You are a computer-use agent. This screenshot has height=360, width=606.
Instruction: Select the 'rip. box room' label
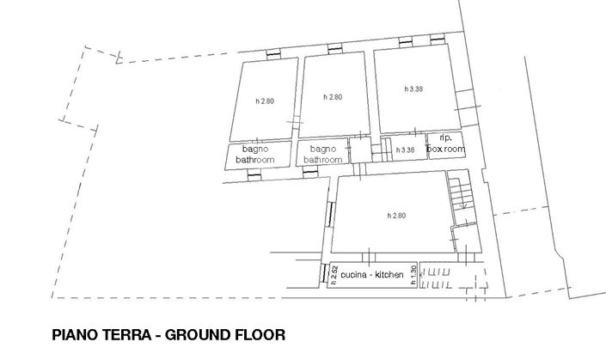(x=446, y=143)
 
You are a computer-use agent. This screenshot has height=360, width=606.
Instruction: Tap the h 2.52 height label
(x=332, y=274)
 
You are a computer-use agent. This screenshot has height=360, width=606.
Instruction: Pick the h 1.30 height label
(x=413, y=276)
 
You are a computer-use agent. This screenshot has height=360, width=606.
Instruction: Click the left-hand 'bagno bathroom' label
(x=255, y=154)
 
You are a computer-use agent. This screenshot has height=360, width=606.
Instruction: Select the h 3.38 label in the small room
(x=405, y=150)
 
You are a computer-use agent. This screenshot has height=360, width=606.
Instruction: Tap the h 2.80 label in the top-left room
(x=265, y=101)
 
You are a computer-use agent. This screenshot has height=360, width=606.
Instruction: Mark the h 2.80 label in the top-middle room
(x=332, y=96)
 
